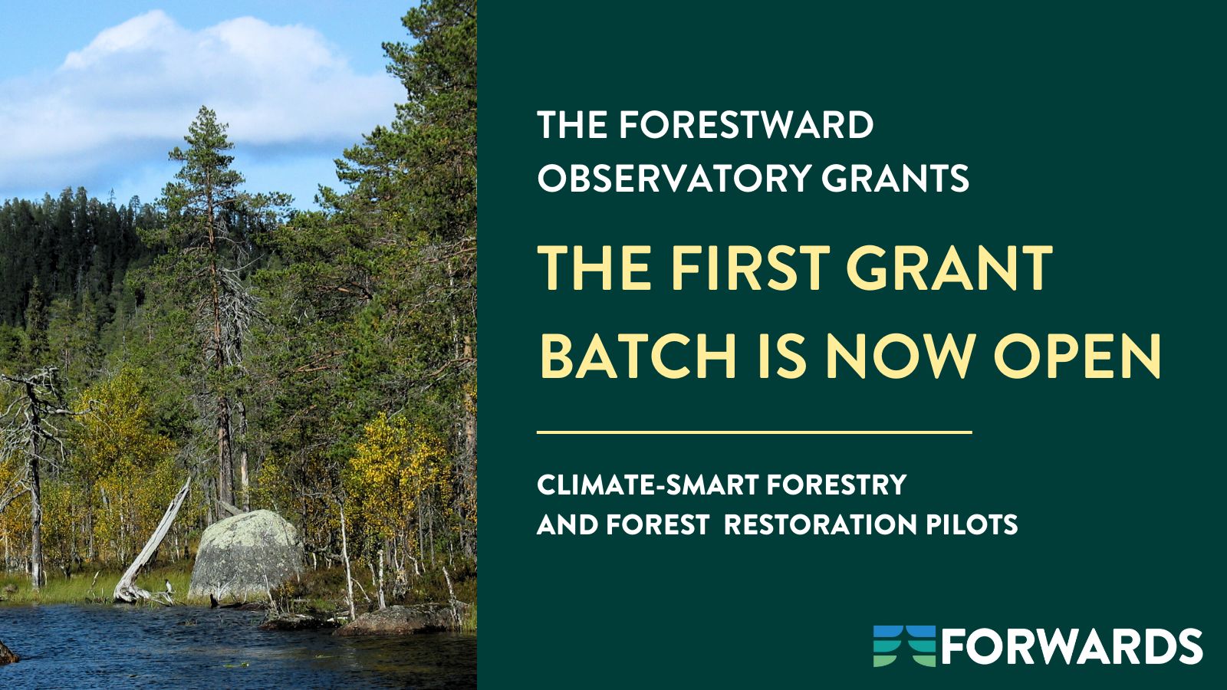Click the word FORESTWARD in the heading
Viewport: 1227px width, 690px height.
click(747, 126)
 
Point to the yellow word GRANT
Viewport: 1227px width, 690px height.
click(949, 268)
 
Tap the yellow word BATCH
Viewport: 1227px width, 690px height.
click(637, 356)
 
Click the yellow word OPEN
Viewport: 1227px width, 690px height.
click(1077, 356)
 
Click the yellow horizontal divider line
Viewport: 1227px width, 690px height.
click(755, 432)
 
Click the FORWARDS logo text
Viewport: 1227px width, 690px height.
click(1071, 647)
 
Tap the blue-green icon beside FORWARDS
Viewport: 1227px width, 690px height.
click(905, 646)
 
